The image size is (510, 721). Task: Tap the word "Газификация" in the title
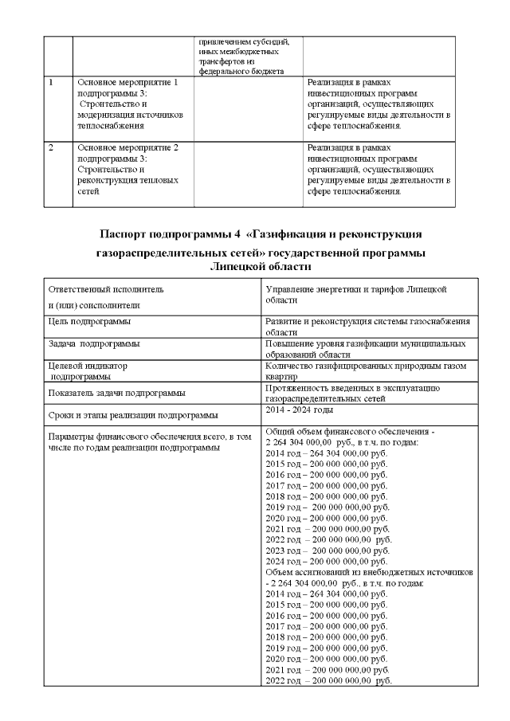292,234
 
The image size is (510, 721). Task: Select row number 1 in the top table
52,82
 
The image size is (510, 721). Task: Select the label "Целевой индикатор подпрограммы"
88,370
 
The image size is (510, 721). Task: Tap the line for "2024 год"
326,561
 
